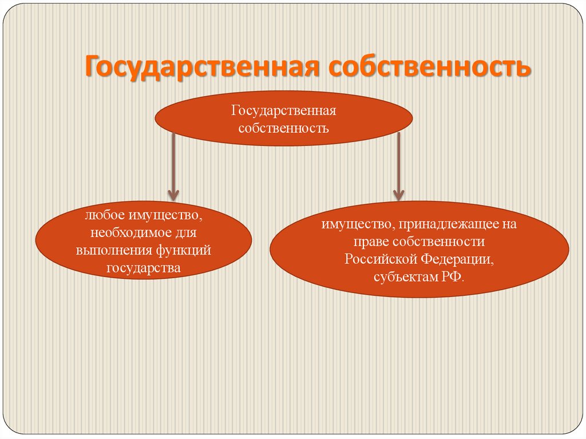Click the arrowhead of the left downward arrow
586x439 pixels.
point(173,195)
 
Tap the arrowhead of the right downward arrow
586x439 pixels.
point(399,194)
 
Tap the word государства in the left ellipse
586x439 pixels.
point(143,267)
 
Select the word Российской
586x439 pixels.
point(381,259)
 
